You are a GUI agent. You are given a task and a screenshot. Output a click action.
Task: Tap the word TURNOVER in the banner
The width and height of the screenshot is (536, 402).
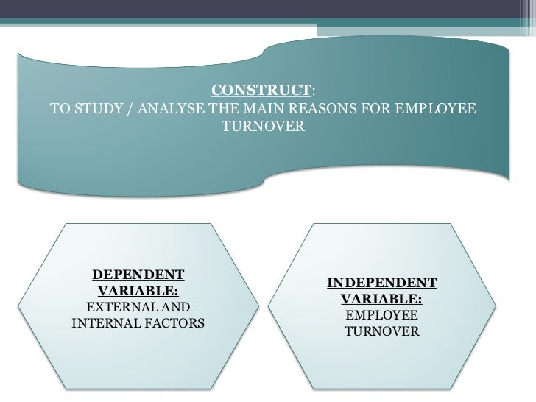point(263,127)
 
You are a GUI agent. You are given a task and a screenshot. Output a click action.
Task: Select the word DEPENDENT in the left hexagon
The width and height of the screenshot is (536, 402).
point(138,275)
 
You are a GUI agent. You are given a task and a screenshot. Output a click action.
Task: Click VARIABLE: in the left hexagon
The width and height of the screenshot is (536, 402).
point(138,291)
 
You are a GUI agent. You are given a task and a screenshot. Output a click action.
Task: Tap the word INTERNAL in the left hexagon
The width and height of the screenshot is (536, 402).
point(102,322)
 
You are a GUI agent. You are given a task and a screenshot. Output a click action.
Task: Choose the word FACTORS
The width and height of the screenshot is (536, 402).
point(172,322)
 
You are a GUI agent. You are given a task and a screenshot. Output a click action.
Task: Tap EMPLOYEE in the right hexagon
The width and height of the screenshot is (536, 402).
point(381,316)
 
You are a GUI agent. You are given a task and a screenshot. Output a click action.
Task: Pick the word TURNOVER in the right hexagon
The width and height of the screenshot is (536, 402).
point(381,332)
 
